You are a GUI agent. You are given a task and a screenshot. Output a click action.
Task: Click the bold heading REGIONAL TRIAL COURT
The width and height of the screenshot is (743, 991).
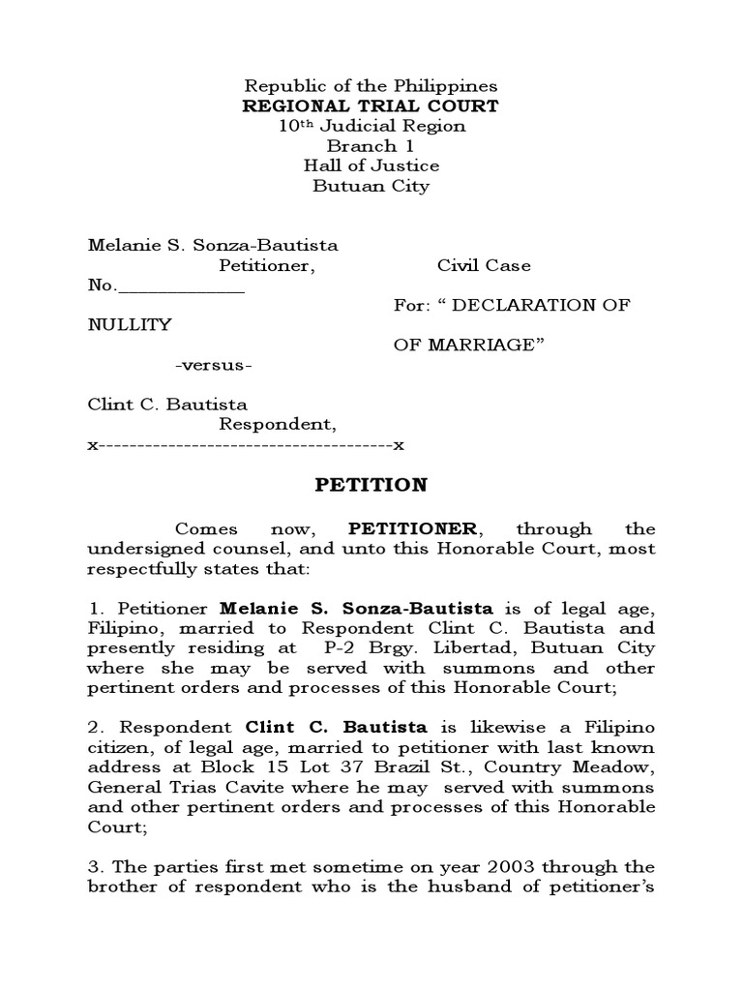tap(371, 105)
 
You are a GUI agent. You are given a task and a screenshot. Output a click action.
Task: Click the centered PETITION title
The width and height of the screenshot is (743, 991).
tap(371, 484)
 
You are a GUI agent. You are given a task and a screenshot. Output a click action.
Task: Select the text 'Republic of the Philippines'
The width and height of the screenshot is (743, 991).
tap(371, 86)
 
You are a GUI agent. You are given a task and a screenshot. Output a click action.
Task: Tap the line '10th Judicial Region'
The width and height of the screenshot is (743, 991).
tap(371, 126)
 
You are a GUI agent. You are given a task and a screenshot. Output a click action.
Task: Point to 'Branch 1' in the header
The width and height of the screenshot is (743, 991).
tap(371, 146)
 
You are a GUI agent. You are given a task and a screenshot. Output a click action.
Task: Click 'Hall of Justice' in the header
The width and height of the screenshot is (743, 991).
tap(371, 165)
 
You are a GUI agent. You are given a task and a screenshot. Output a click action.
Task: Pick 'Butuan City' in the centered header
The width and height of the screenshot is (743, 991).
tap(371, 186)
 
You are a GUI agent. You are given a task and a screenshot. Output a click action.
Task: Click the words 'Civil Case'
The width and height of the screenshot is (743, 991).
tap(484, 266)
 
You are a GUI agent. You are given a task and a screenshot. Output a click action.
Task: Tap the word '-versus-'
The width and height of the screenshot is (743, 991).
tap(214, 365)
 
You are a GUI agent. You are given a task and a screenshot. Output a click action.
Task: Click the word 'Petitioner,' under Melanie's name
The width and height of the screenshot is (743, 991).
tap(265, 266)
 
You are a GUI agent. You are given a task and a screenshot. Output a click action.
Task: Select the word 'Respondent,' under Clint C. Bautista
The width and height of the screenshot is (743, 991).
tap(278, 424)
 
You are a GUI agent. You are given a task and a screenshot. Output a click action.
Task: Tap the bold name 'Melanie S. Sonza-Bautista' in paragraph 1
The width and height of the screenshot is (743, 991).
tap(357, 609)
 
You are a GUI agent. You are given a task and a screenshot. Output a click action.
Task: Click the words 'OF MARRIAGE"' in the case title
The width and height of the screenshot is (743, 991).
tap(464, 345)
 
